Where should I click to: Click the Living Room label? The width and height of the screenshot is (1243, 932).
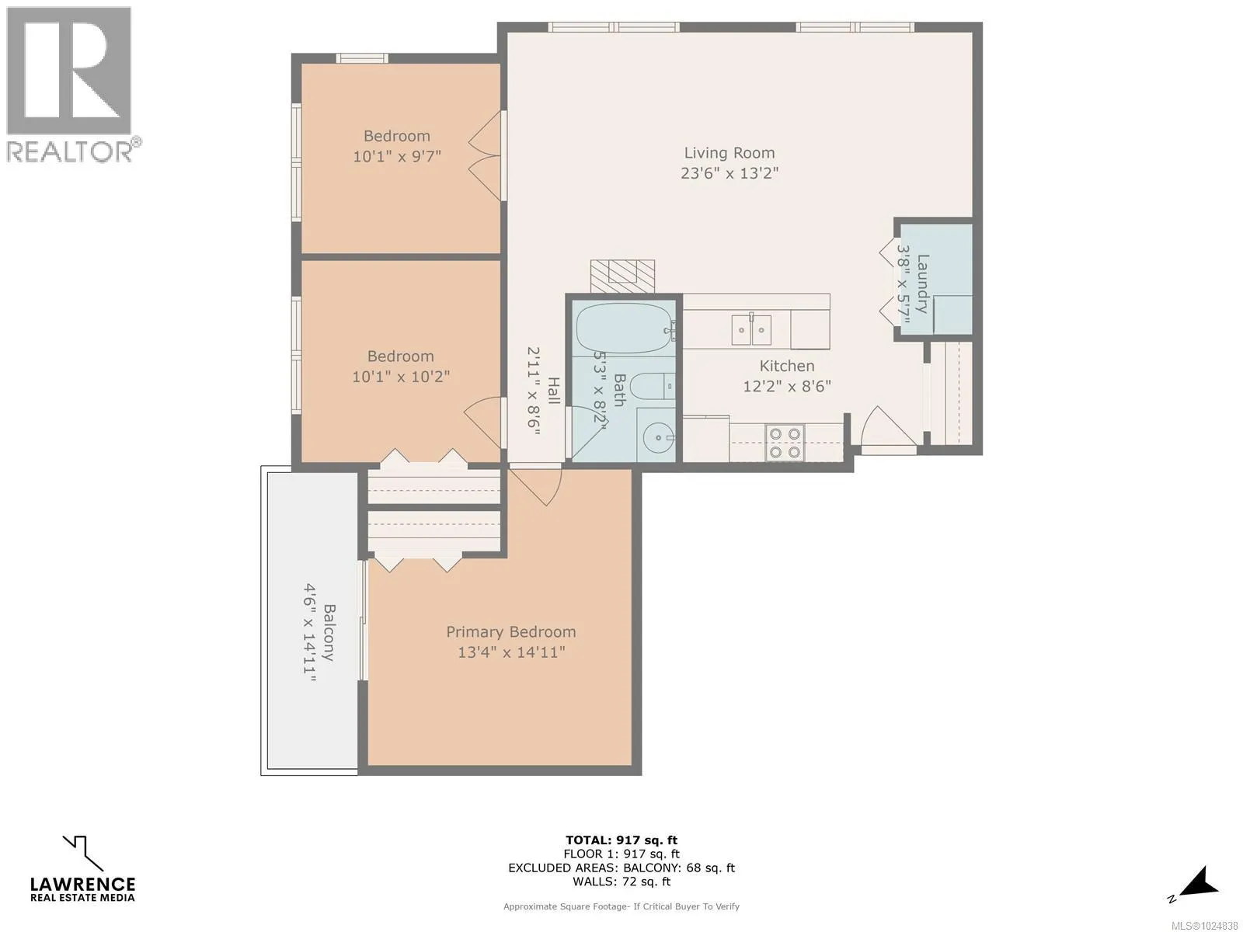(729, 153)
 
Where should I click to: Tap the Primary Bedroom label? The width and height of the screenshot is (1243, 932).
(510, 632)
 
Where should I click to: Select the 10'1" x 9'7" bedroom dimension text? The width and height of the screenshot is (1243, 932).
(397, 156)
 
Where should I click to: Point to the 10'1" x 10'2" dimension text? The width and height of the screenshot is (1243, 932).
(401, 377)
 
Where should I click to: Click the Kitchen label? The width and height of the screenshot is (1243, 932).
(787, 366)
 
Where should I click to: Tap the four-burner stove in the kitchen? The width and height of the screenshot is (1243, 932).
(785, 443)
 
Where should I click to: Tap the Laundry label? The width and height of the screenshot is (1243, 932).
(922, 284)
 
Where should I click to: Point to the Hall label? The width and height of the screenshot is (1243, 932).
(553, 391)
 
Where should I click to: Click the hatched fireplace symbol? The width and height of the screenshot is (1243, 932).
(622, 276)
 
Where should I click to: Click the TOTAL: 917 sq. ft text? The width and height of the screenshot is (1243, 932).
(621, 840)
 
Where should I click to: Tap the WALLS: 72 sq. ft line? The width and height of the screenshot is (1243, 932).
(621, 881)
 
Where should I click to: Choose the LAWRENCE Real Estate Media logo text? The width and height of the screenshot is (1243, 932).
(82, 889)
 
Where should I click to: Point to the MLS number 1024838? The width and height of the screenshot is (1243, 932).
(1204, 926)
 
